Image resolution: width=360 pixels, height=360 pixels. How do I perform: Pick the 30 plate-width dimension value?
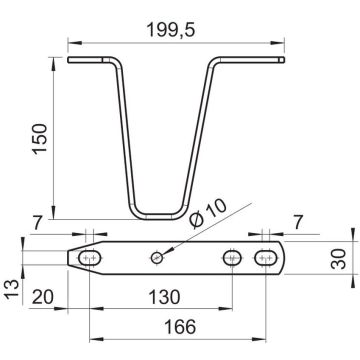coord(340,268)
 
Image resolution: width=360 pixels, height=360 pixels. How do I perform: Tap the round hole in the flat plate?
coord(155,258)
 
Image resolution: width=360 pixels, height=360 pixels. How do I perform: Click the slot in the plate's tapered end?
coord(91,258)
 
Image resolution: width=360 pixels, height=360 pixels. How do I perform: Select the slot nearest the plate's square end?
coord(265,258)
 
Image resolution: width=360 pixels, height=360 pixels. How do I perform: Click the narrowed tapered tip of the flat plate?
coord(73,258)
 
